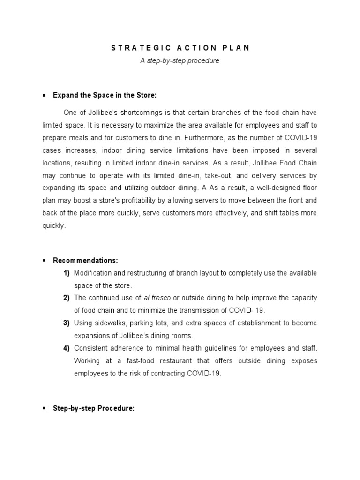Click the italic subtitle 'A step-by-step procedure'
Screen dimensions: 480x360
(x=180, y=61)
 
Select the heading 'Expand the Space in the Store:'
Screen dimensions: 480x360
(x=104, y=95)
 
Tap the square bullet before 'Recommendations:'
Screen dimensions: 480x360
(x=44, y=260)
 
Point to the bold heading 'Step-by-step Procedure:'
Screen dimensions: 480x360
(x=94, y=408)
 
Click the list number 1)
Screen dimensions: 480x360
(x=67, y=273)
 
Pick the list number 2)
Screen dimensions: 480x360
(x=67, y=298)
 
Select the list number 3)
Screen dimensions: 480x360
(x=67, y=323)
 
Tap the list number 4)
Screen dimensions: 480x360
(x=67, y=348)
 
